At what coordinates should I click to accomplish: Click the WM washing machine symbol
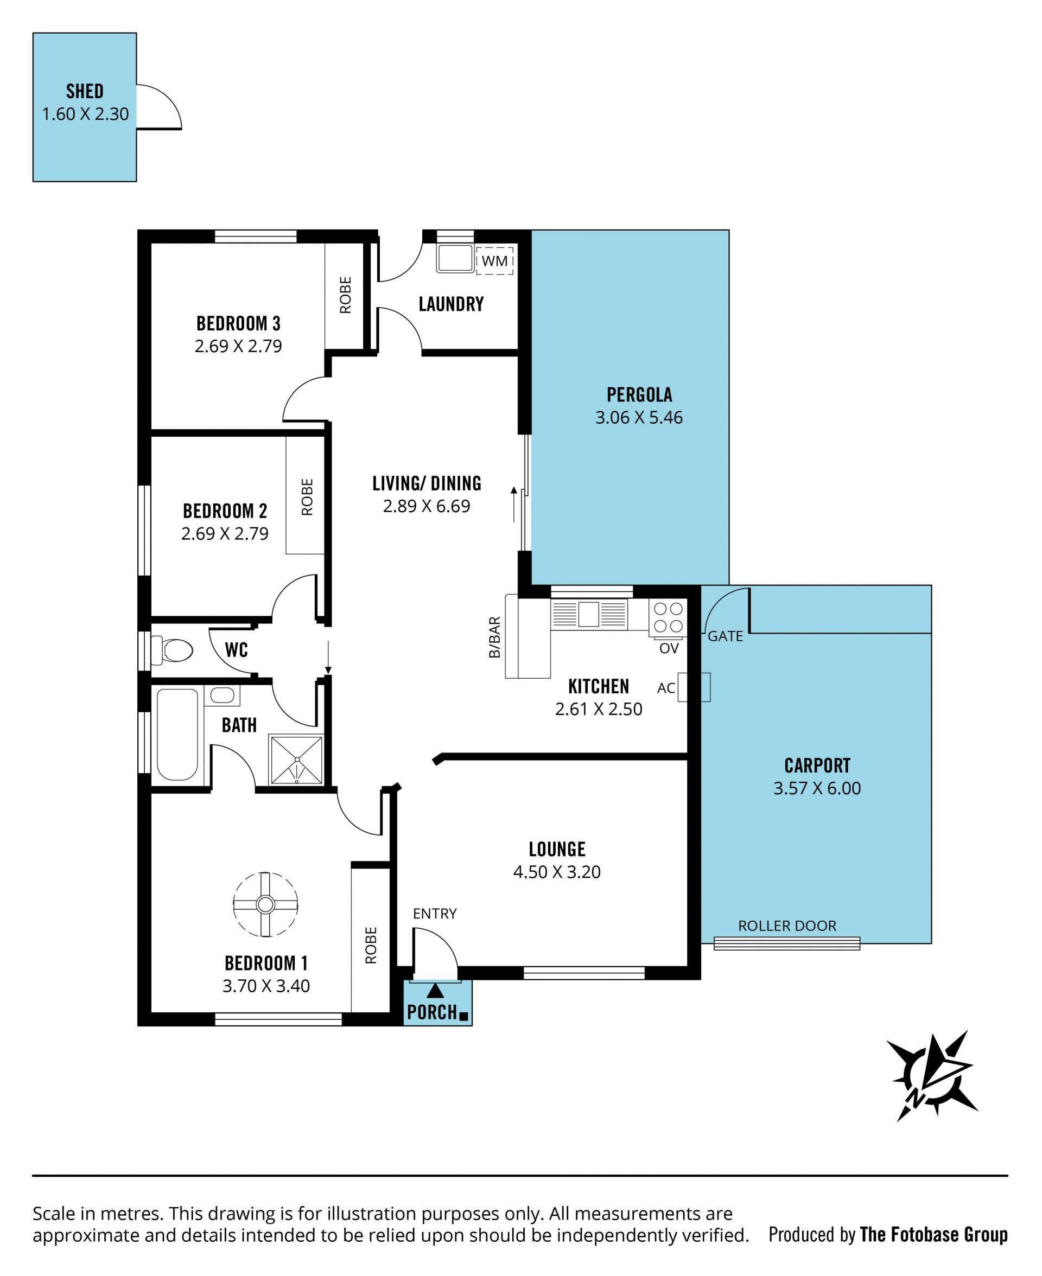click(494, 260)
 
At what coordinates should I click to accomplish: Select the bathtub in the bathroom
click(177, 734)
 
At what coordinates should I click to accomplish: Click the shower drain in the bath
click(297, 760)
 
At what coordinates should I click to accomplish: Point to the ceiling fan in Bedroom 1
click(265, 904)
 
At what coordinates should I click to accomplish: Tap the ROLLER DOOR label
click(787, 926)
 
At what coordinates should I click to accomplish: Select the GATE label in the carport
click(725, 636)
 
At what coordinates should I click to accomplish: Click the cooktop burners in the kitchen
click(668, 617)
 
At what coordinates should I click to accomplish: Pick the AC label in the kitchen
click(666, 688)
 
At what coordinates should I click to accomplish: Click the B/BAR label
click(494, 637)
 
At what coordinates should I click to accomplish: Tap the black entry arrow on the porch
click(435, 991)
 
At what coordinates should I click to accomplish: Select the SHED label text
click(85, 91)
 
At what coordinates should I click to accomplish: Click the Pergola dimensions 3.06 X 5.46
click(639, 417)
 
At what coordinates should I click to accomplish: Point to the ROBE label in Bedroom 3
click(346, 295)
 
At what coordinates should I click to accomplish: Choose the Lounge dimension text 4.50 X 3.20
click(556, 872)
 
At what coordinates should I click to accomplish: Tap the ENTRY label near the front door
click(435, 914)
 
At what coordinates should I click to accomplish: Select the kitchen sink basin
click(588, 614)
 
